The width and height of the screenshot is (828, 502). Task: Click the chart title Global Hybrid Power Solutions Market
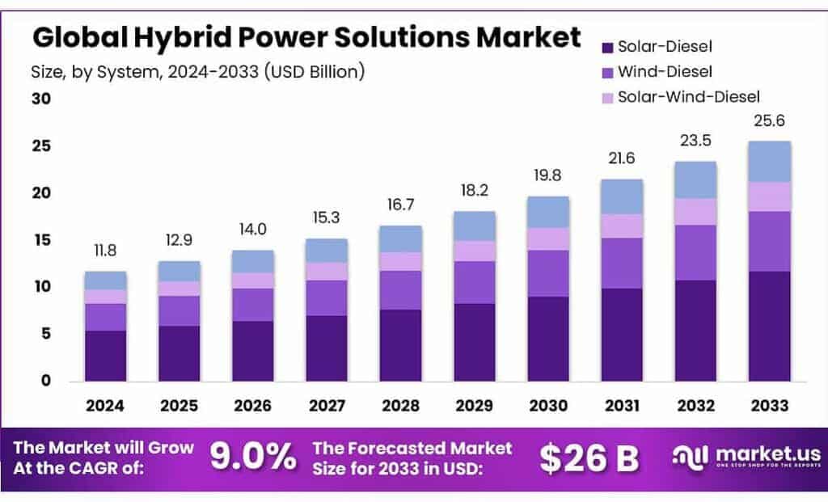[x=306, y=37]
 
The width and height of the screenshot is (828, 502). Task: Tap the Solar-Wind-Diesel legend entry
[x=688, y=97]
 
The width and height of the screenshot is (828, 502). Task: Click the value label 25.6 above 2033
[x=769, y=122]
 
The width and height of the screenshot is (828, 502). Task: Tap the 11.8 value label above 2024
[x=106, y=251]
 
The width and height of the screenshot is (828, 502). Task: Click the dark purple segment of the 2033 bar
[x=769, y=326]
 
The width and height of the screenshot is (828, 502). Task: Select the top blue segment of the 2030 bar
[x=547, y=212]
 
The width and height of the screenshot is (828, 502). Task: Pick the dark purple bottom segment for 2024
[x=106, y=356]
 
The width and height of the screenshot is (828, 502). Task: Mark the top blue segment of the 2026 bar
[x=253, y=261]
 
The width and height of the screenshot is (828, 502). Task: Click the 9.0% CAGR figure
[x=253, y=457]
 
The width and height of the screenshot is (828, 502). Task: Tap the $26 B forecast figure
[x=589, y=458]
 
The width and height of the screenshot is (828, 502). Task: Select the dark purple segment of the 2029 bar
[x=474, y=342]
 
